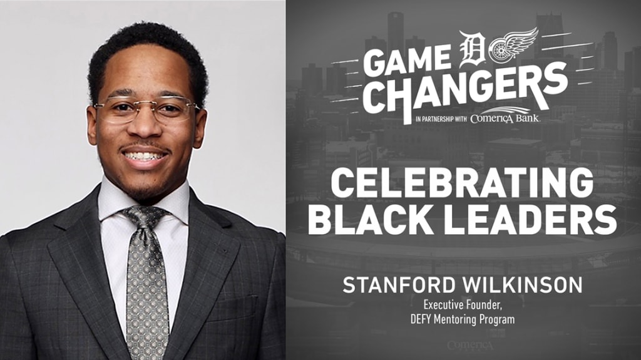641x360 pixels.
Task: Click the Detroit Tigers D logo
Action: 473,49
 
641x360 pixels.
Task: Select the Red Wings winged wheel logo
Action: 514,46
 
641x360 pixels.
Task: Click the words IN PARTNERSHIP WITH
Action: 441,120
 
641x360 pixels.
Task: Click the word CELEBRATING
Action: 463,183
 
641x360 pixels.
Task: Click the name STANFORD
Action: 400,285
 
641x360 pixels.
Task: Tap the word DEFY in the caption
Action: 420,319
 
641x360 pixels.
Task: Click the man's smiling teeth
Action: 145,156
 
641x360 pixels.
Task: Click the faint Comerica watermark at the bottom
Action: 470,346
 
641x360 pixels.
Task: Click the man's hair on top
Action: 147,45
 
